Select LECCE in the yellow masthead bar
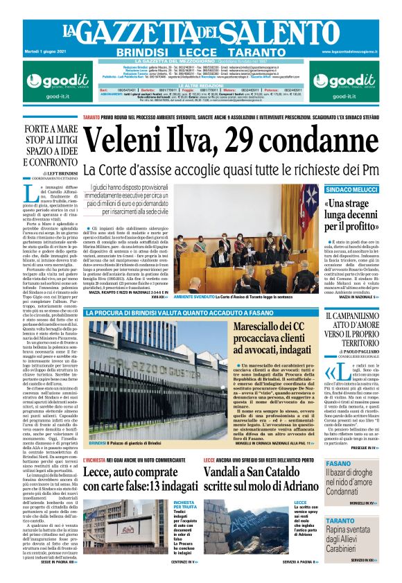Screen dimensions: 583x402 197,52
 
